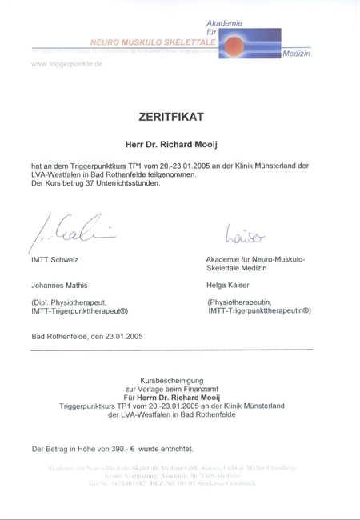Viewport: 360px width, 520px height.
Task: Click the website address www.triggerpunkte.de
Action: pos(67,62)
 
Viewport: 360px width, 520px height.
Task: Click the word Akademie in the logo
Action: pos(224,23)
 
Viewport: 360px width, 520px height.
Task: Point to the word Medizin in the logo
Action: pos(297,54)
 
